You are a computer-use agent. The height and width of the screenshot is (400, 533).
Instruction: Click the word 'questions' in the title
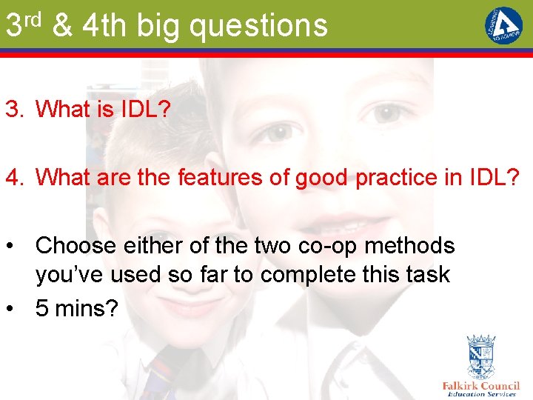pyautogui.click(x=258, y=26)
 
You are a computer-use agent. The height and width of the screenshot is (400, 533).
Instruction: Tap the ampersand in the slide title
pyautogui.click(x=63, y=25)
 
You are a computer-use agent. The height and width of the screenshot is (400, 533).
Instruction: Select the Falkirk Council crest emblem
pyautogui.click(x=480, y=357)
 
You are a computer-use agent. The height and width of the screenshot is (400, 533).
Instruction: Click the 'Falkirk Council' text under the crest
pyautogui.click(x=480, y=386)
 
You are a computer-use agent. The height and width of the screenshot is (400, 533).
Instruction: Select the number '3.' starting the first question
pyautogui.click(x=15, y=110)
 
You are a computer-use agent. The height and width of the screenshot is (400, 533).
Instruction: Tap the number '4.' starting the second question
pyautogui.click(x=15, y=178)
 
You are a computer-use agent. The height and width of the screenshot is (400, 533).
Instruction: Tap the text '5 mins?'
pyautogui.click(x=76, y=307)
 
